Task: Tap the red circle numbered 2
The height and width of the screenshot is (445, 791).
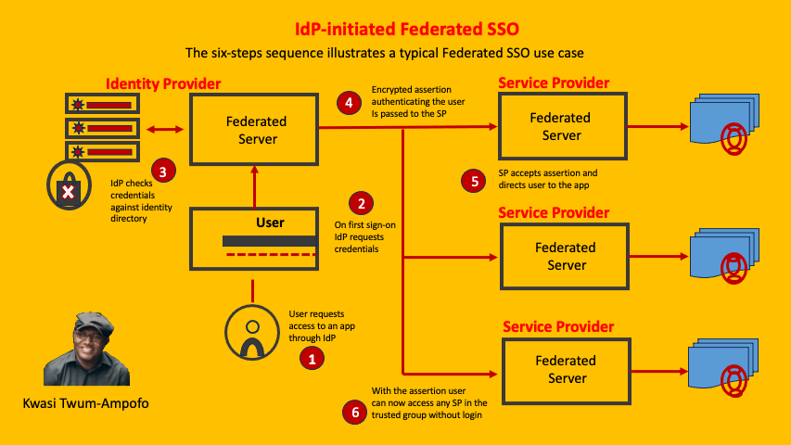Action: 361,203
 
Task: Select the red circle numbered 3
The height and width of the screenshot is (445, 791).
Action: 163,171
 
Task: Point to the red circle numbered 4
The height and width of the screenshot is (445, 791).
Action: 349,103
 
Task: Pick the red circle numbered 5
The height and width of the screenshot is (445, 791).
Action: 474,181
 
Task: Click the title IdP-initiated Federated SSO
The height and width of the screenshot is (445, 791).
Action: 394,29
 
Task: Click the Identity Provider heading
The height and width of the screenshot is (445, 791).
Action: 163,84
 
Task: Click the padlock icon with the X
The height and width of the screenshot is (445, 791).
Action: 67,191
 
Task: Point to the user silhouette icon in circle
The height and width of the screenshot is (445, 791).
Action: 251,333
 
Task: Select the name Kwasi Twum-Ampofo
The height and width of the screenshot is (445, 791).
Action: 85,403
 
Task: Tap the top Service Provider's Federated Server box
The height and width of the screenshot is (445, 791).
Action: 560,127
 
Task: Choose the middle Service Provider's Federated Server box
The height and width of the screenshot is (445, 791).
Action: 566,256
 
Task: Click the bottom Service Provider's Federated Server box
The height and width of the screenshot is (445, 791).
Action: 566,369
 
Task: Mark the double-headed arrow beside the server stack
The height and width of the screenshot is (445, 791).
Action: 163,130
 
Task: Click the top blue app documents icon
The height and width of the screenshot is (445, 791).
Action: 725,127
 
